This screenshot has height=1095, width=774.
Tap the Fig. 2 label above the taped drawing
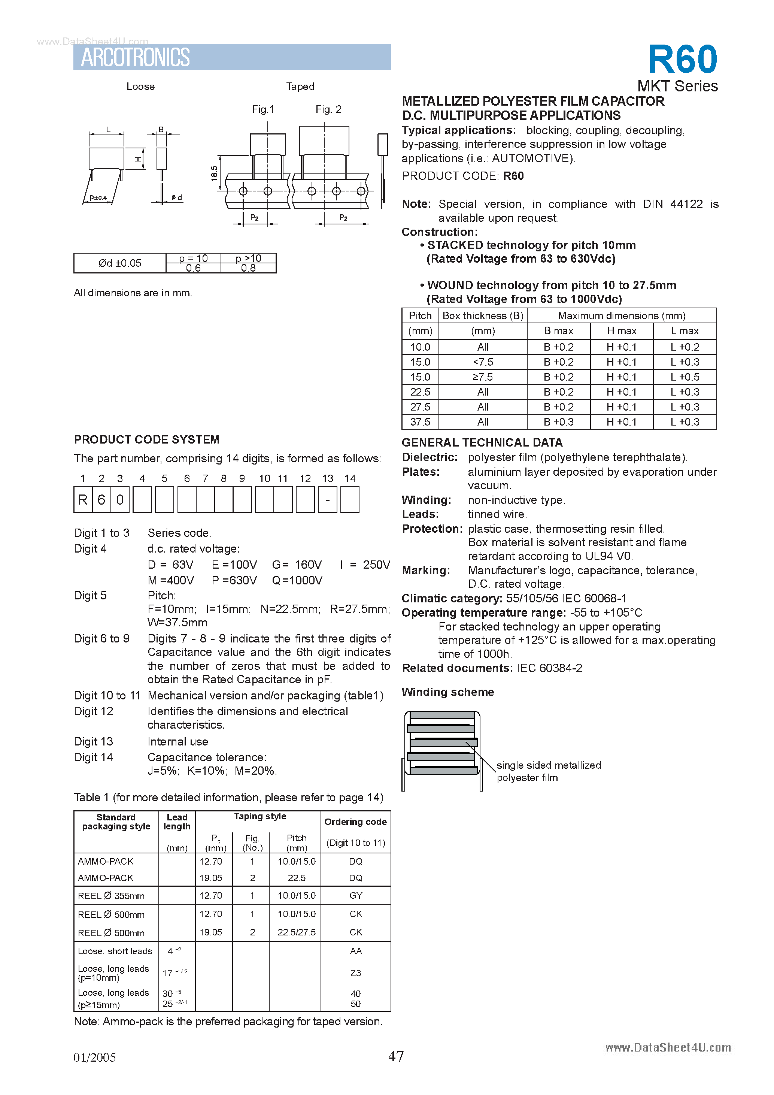pyautogui.click(x=328, y=109)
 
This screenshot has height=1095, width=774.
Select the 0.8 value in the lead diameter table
pyautogui.click(x=248, y=268)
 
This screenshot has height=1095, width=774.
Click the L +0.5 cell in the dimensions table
pyautogui.click(x=685, y=377)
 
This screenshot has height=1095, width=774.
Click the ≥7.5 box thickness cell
pyautogui.click(x=482, y=377)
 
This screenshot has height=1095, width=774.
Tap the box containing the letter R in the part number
pyautogui.click(x=83, y=499)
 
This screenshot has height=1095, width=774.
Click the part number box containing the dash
pyautogui.click(x=327, y=499)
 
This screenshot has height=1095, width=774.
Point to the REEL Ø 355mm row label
pyautogui.click(x=111, y=896)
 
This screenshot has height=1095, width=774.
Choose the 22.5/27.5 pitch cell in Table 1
pyautogui.click(x=297, y=932)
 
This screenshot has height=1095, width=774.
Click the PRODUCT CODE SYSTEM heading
pyautogui.click(x=147, y=439)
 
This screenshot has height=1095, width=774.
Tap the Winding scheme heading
pyautogui.click(x=447, y=692)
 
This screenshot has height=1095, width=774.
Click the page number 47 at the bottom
pyautogui.click(x=395, y=1056)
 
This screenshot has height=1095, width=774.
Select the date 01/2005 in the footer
pyautogui.click(x=94, y=1057)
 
